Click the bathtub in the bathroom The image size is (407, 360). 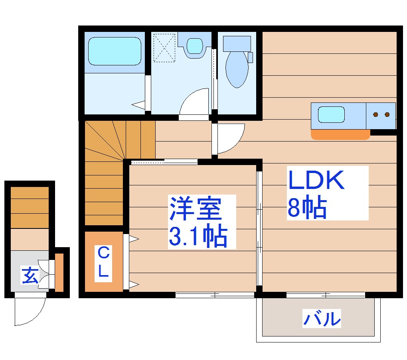(x=114, y=51)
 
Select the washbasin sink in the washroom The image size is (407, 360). (x=195, y=45)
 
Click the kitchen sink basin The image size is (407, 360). (x=331, y=114)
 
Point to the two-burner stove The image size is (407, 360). (x=381, y=115)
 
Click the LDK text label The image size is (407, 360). (x=316, y=181)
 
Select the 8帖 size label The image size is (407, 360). (x=307, y=208)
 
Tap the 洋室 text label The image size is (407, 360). (x=196, y=209)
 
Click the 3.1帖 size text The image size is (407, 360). (x=198, y=237)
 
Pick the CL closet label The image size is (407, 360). (x=103, y=262)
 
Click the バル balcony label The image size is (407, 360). (x=322, y=318)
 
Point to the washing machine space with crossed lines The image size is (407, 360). (x=164, y=48)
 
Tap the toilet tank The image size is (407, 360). (x=237, y=43)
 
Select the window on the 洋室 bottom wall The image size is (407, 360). (x=215, y=295)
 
